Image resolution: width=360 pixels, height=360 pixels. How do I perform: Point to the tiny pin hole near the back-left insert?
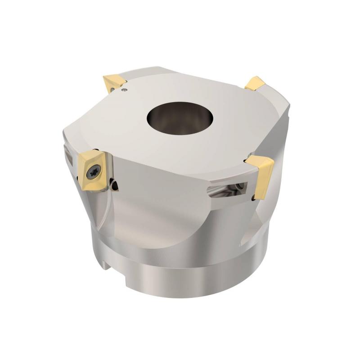point(125,90)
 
